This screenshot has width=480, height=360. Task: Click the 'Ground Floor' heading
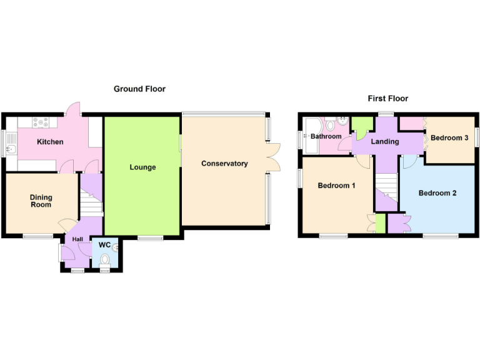tap(139, 89)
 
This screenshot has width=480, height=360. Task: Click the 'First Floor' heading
tap(387, 98)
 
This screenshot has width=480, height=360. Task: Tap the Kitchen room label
tap(50, 142)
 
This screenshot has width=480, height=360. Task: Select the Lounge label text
tap(142, 167)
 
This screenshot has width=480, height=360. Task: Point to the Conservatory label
tap(224, 164)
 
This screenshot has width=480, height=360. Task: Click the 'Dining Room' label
tap(41, 201)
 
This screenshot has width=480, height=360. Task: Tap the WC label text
tap(104, 245)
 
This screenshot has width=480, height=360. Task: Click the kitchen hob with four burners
tap(41, 123)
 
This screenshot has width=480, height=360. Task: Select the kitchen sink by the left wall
tap(11, 149)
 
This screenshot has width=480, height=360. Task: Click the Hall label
tap(77, 239)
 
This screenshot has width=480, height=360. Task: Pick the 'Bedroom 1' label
tap(336, 186)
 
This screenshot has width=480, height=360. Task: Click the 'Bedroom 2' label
tap(437, 193)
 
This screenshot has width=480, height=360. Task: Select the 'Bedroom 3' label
tap(449, 138)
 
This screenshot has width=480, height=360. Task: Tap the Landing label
tap(385, 142)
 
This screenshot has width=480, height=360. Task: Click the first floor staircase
tap(386, 189)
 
